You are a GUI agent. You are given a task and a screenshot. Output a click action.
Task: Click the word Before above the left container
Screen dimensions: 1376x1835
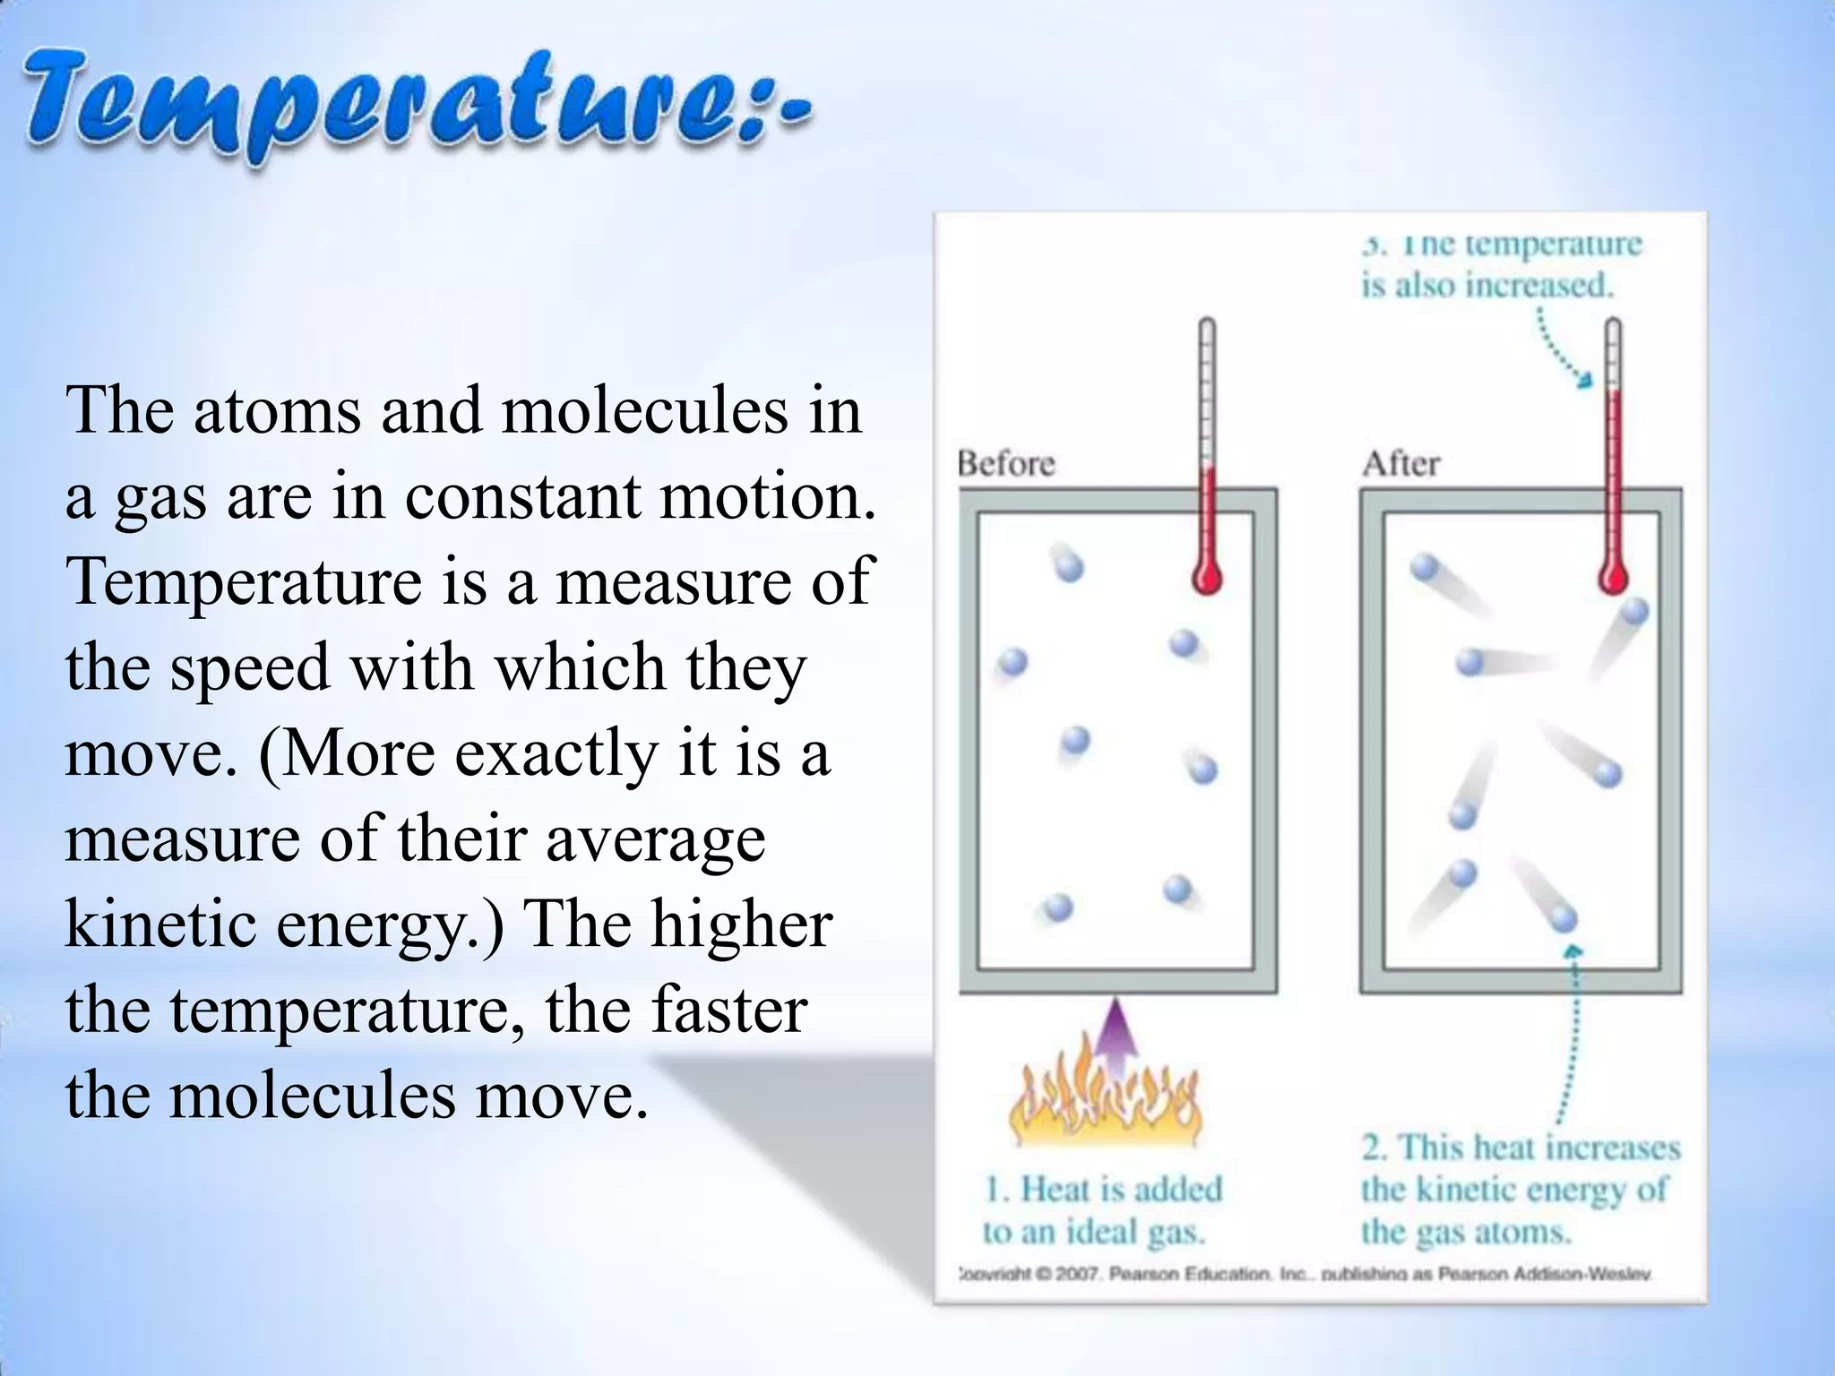coord(1006,464)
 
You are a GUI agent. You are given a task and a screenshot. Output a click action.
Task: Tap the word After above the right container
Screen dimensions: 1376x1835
coord(1400,464)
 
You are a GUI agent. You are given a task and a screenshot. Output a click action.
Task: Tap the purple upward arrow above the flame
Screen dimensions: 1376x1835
coord(1115,1039)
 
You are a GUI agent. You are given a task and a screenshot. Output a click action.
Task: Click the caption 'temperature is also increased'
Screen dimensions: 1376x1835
coord(1501,265)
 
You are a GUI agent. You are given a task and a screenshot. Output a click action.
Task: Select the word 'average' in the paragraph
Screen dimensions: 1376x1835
coord(654,840)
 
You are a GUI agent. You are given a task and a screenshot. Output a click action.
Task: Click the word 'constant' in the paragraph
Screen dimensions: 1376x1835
coord(522,496)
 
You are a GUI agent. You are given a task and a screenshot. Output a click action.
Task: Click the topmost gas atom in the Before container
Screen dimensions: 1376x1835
coord(1068,565)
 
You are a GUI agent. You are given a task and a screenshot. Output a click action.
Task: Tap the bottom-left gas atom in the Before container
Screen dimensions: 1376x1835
coord(1057,907)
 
